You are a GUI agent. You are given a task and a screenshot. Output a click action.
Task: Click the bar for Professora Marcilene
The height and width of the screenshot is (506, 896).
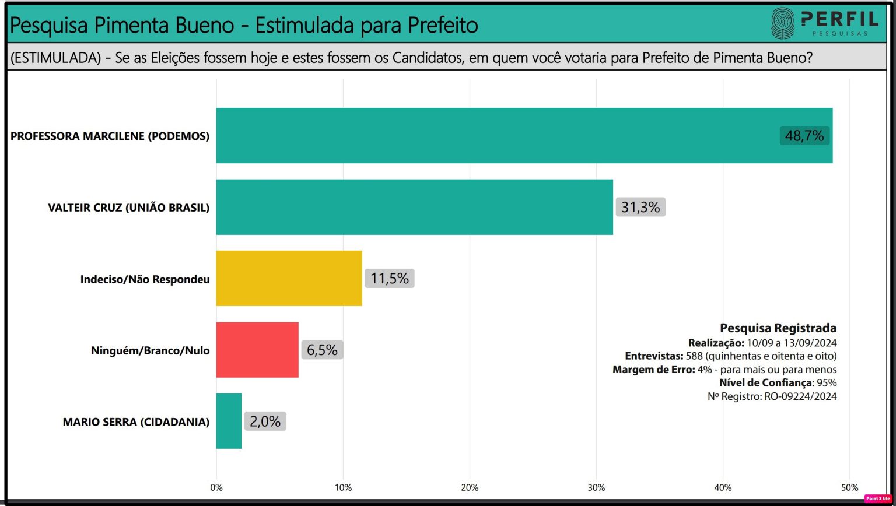[x=496, y=135]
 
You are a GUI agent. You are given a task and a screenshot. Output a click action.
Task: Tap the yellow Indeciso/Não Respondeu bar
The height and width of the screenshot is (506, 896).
[x=289, y=278]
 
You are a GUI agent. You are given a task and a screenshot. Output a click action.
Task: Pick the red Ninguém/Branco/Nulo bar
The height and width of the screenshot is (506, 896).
[x=257, y=350]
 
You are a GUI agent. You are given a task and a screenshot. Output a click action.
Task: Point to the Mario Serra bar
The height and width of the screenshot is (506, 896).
[x=229, y=421]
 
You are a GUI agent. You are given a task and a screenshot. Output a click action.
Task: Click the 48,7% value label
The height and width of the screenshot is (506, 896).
[x=804, y=136]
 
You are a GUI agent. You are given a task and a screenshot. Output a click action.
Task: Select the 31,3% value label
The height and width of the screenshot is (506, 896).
[x=640, y=207]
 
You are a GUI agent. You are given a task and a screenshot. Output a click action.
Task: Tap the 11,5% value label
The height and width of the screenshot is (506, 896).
[x=389, y=278]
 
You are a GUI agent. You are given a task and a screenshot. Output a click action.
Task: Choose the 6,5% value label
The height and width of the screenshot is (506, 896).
[x=322, y=350]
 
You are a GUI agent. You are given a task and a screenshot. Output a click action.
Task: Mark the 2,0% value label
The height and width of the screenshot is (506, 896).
[x=265, y=421]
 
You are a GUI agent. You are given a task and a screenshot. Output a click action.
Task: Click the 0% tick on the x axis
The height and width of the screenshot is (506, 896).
[x=216, y=488]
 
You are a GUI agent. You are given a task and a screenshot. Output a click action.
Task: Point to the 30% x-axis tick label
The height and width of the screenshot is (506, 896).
[x=596, y=488]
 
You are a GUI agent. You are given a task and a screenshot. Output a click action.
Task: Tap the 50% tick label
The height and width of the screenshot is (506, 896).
[x=850, y=488]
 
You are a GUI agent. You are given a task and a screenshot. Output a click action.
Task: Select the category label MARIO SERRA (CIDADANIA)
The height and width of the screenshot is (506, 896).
[x=136, y=421]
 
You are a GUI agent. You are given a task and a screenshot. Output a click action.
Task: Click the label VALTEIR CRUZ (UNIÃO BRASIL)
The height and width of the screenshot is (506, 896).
[x=128, y=208]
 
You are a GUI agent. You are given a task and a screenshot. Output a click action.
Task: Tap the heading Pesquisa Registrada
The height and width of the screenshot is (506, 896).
[x=778, y=328]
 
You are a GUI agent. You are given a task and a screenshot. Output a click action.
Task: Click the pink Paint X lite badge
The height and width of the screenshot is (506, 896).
[x=877, y=498]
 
